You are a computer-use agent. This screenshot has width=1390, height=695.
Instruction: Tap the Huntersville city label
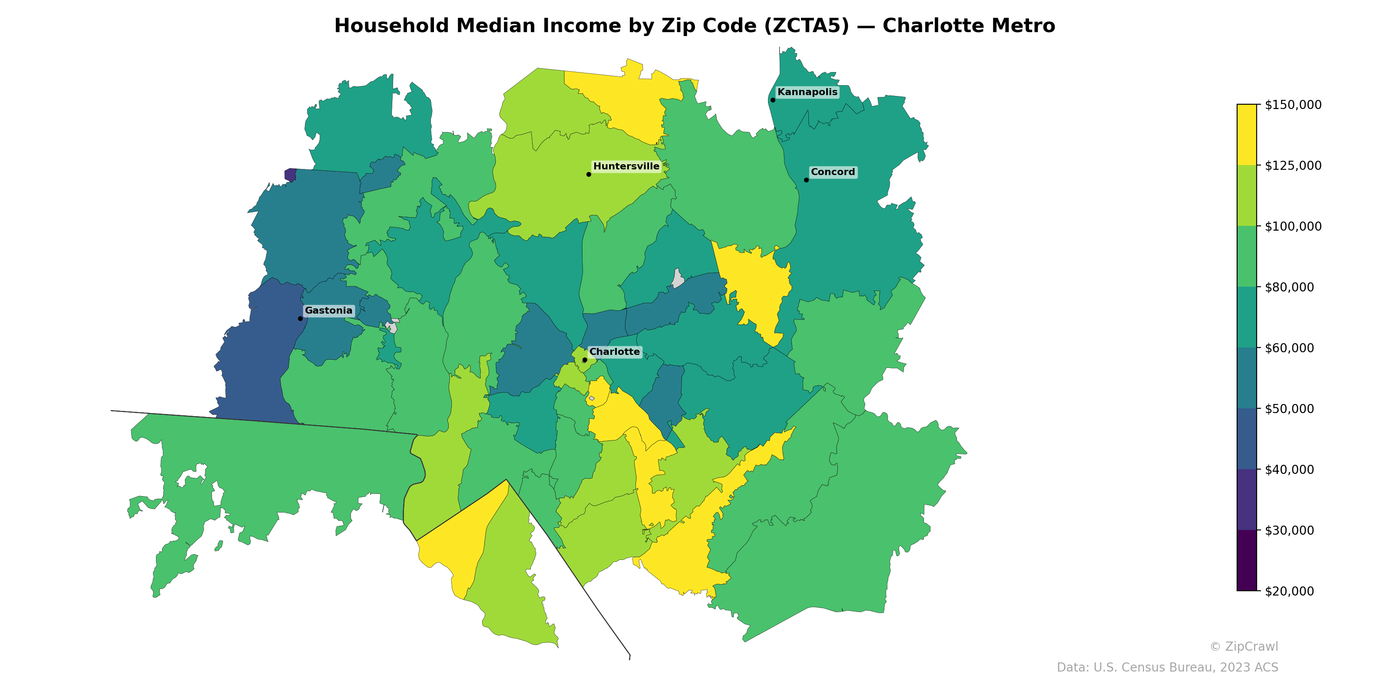pos(626,166)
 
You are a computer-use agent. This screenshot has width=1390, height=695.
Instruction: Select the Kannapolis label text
pos(807,92)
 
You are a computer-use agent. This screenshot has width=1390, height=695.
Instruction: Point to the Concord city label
pos(833,172)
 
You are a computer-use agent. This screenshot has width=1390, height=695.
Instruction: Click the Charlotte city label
pos(614,351)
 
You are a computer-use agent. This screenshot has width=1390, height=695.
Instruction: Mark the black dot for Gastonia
pos(300,318)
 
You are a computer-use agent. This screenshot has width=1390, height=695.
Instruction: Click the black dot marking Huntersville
pos(589,174)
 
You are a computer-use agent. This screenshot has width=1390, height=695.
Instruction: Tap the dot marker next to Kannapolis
pos(773,100)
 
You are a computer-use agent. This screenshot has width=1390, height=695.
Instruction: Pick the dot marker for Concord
pos(806,180)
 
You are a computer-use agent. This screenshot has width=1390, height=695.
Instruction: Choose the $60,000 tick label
pos(1289,348)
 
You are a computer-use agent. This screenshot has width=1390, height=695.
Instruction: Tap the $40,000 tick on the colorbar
pos(1289,470)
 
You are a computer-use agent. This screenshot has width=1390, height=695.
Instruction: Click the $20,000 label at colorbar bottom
pos(1289,591)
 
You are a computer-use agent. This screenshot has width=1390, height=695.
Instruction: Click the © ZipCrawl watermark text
pos(1243,646)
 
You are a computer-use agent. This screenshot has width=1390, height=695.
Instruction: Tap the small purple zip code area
pos(290,175)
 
